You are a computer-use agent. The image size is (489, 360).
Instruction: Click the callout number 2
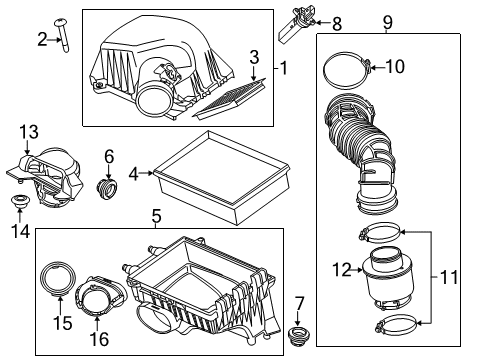coord(42,39)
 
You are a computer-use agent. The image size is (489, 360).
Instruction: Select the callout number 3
coord(255,56)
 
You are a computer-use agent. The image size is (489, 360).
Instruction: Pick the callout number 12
coord(342,268)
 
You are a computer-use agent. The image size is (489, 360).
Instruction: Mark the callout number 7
coord(298,302)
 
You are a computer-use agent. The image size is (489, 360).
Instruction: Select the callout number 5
coord(155,215)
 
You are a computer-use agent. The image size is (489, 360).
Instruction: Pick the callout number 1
coord(284,69)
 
